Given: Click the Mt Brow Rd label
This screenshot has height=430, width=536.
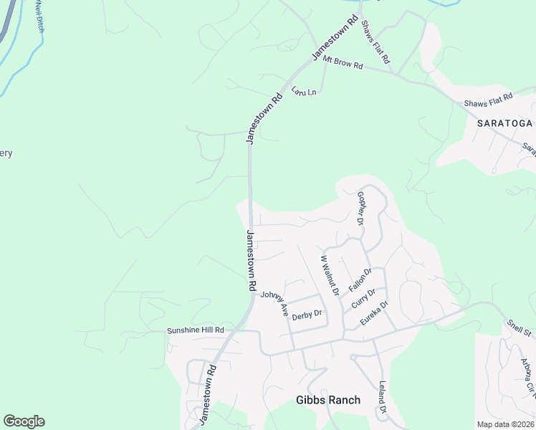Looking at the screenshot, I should [x=343, y=63].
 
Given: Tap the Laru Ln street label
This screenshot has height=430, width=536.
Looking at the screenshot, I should [x=304, y=92].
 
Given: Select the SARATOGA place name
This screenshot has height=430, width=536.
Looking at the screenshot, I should [x=506, y=123].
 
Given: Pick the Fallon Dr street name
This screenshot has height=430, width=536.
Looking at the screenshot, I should [x=360, y=279].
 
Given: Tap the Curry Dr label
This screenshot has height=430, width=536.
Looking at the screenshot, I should [x=363, y=298].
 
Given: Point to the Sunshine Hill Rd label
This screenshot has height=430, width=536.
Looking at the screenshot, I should [x=196, y=330].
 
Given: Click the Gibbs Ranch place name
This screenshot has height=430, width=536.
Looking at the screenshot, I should [x=328, y=400].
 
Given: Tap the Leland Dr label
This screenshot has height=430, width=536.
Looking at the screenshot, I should [x=382, y=397].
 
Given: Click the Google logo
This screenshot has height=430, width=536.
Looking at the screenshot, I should [x=24, y=421].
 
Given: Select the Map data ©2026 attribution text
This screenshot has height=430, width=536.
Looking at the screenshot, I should [x=506, y=424].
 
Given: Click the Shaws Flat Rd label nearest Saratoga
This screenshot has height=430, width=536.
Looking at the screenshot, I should [x=489, y=100].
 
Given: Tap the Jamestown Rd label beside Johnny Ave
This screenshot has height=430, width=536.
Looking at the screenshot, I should [x=252, y=259].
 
